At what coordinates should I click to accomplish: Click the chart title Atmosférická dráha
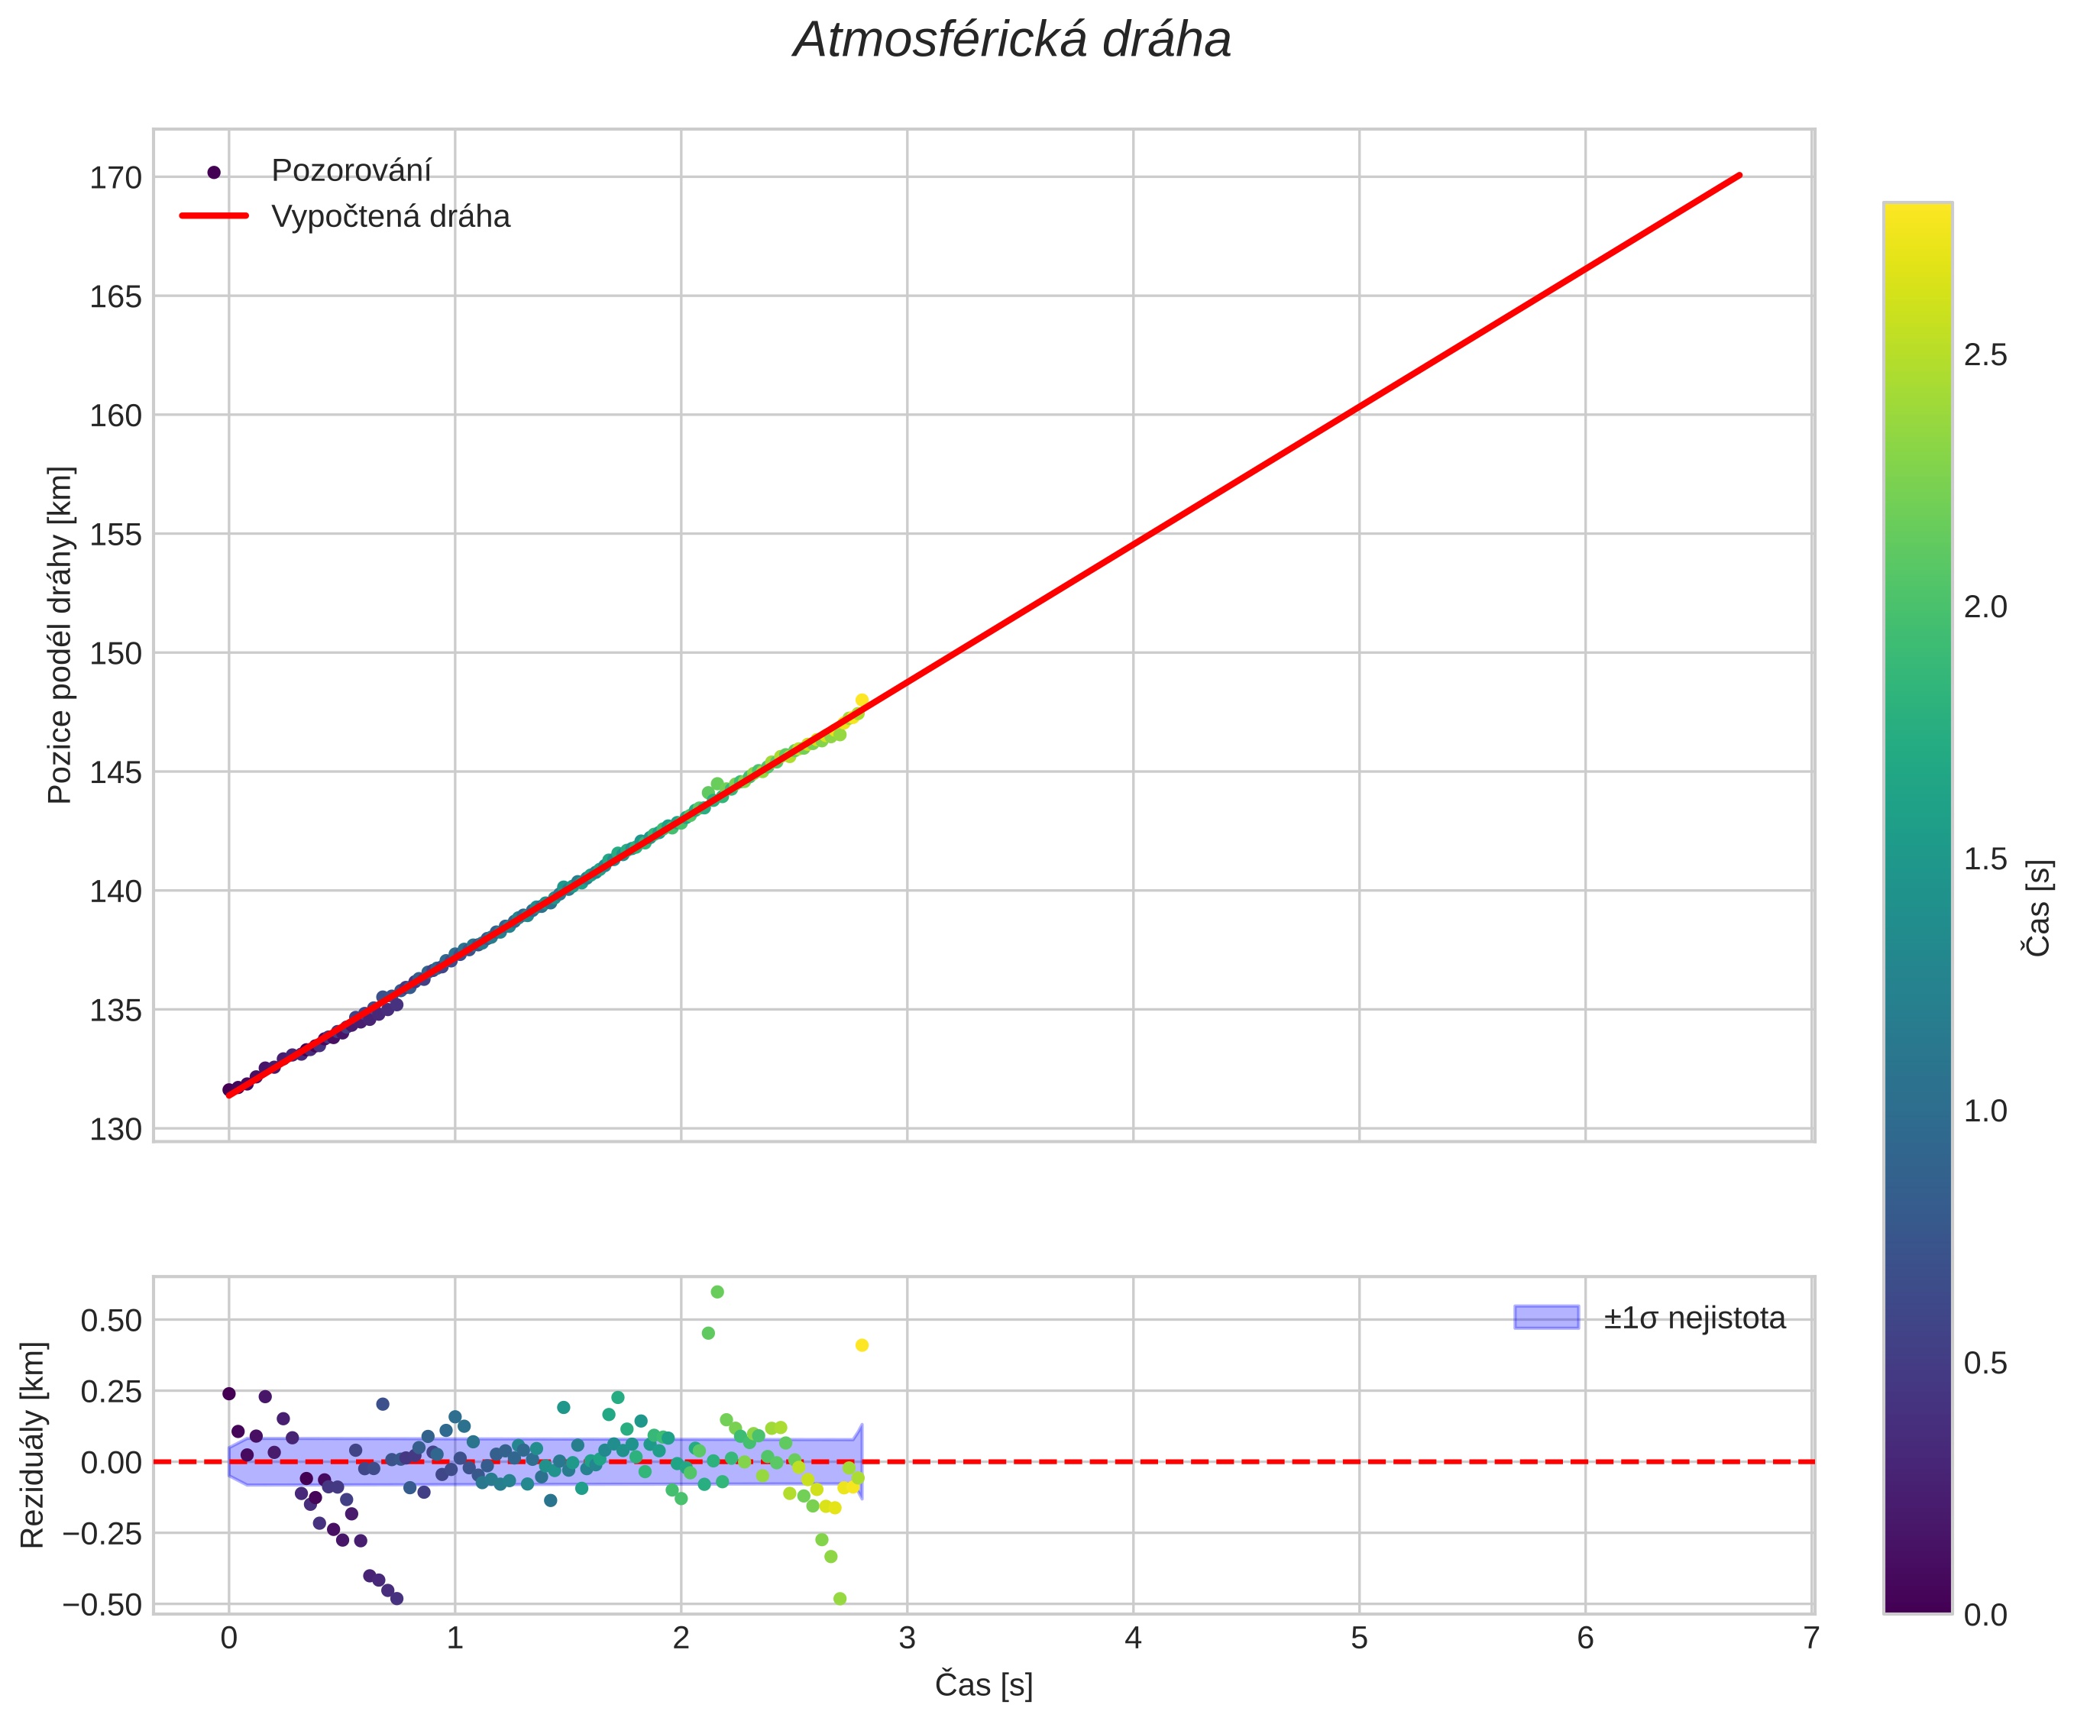1012,41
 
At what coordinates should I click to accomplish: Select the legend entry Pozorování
351,171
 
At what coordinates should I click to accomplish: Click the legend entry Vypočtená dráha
390,216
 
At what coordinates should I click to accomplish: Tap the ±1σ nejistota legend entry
1694,1318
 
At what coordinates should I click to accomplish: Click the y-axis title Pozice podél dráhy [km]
60,635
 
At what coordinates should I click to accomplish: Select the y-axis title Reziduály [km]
33,1444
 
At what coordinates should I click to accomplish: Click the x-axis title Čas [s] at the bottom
984,1684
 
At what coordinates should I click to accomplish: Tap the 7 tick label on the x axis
1810,1638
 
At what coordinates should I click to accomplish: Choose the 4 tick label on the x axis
1133,1638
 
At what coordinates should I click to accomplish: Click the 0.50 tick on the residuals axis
111,1320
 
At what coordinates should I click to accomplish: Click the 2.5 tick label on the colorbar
1985,355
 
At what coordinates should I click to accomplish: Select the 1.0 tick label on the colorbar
1985,1111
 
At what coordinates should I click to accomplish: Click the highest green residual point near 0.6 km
717,1292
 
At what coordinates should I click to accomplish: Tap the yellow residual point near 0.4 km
861,1345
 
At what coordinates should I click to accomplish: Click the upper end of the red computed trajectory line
1739,176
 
